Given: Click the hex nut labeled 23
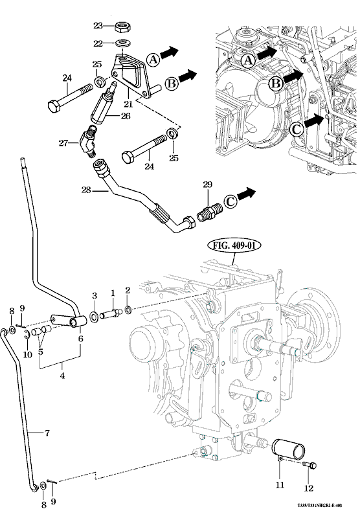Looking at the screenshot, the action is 122,27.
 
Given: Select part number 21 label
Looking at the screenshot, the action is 128,104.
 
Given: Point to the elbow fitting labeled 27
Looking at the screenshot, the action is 87,142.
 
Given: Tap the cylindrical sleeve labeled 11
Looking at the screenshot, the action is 288,449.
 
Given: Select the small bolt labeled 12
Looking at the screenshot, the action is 311,465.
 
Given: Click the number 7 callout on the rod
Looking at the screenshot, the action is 47,433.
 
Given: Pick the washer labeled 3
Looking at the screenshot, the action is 95,316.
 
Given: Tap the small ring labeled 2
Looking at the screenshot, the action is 128,310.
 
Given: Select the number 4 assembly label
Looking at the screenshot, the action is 62,376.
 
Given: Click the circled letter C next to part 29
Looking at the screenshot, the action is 231,201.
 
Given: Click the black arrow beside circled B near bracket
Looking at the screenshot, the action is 187,76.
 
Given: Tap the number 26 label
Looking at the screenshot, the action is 126,116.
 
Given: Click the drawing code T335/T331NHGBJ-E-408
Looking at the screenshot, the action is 320,505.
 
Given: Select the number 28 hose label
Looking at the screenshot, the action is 86,190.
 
